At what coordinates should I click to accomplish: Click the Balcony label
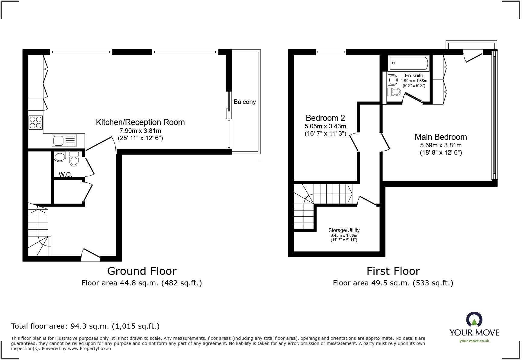click(244, 102)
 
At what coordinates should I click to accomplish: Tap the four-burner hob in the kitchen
click(36, 122)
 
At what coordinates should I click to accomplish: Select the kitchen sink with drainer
click(64, 141)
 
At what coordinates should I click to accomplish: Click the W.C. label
click(65, 174)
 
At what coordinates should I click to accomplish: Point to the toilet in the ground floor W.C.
click(74, 159)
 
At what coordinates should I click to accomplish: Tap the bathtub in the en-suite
click(408, 63)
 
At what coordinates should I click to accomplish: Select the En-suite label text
click(414, 76)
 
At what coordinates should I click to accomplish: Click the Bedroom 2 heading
click(325, 118)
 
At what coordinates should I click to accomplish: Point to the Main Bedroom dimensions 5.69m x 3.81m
click(441, 145)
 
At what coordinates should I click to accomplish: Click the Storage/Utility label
click(344, 230)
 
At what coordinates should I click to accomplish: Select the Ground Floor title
click(142, 271)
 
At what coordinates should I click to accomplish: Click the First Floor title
click(393, 271)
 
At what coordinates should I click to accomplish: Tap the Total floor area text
click(85, 326)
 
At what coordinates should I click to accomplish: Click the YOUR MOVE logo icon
click(474, 320)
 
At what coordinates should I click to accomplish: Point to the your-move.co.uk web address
click(474, 341)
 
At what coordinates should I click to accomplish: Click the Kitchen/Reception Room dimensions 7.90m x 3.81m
click(140, 131)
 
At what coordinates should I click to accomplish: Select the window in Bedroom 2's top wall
click(331, 52)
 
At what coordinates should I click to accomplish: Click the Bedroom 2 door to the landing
click(354, 143)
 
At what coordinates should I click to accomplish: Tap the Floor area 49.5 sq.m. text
click(393, 283)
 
